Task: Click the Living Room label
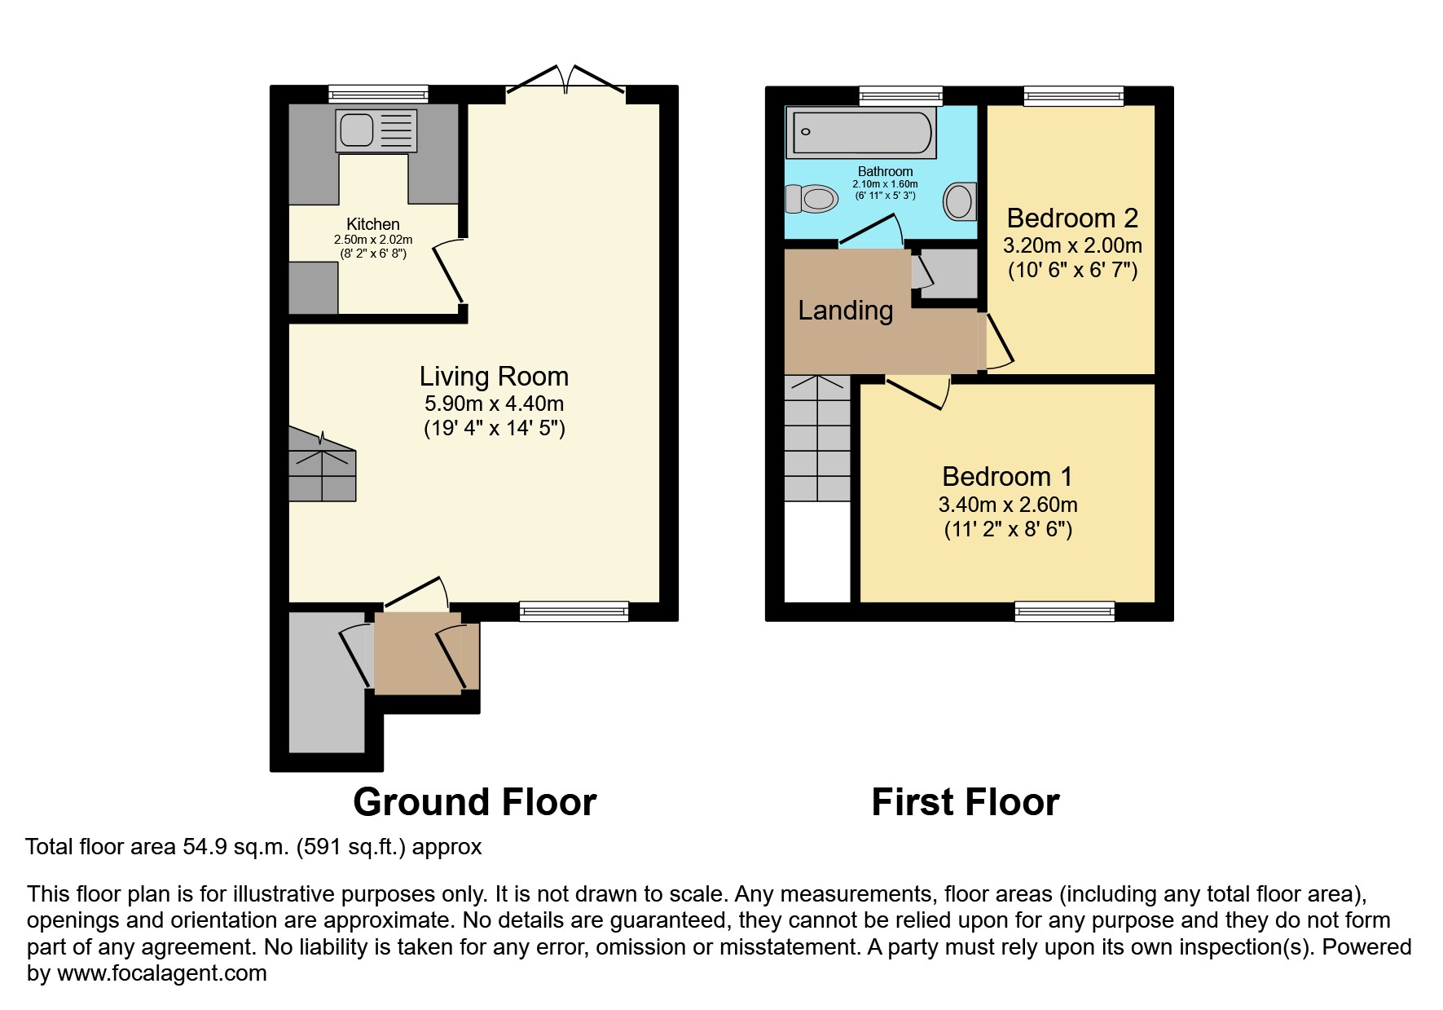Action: point(494,377)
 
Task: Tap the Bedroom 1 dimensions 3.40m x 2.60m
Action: point(1007,505)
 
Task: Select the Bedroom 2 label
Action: point(1071,218)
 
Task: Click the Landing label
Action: point(845,311)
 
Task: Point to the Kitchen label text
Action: point(373,224)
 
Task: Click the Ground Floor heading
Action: point(474,802)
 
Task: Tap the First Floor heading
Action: point(965,802)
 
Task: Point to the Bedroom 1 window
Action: point(1064,611)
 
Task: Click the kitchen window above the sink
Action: point(378,95)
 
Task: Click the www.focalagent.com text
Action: point(161,973)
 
